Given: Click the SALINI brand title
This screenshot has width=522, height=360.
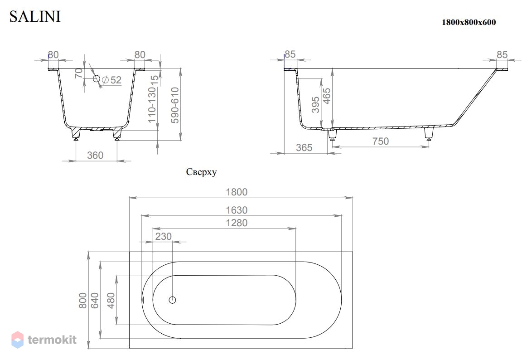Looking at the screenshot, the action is click(35, 17).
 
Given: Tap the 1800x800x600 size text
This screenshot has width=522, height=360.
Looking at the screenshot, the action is click(469, 22).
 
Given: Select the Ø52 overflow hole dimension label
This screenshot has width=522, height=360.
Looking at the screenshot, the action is click(112, 80).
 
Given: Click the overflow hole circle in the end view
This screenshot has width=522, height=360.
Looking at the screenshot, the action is click(97, 78).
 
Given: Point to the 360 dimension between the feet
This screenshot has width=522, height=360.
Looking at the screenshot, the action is click(95, 155).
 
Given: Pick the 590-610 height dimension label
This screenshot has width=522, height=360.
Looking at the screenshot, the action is click(175, 105).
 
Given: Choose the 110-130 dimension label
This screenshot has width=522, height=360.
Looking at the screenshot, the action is click(152, 105).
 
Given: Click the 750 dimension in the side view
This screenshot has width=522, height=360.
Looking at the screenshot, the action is click(381, 141).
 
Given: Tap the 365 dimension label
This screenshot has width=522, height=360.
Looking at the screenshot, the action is click(304, 147).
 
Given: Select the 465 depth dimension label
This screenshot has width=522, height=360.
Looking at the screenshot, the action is click(327, 96).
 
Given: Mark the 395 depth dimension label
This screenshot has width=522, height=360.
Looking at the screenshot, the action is click(315, 105).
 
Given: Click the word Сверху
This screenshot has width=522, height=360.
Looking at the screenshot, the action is click(201, 172).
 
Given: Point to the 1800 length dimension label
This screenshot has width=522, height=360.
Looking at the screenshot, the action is click(237, 192).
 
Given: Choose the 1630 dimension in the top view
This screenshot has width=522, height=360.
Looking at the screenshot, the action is click(237, 210).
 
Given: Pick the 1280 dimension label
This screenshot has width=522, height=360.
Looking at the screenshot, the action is click(237, 223).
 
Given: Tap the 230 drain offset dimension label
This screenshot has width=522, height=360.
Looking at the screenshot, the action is click(164, 236).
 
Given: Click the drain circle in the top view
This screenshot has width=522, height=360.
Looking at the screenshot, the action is click(173, 300).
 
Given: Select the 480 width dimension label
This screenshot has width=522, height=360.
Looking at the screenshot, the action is click(111, 300).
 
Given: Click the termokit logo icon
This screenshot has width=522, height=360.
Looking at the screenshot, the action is click(18, 340).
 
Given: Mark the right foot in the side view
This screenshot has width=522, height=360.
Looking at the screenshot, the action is click(429, 134).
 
